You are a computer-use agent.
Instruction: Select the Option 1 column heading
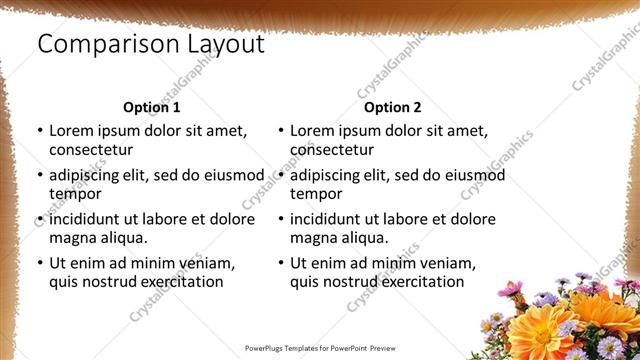coord(151,107)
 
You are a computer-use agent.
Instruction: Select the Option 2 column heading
coord(392,107)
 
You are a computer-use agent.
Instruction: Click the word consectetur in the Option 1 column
coord(91,150)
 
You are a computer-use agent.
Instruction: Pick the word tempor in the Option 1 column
coord(73,194)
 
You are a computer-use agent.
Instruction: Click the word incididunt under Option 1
coord(92,218)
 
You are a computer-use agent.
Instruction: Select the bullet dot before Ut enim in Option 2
coord(281,263)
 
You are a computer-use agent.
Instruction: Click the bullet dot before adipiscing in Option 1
coord(40,175)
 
